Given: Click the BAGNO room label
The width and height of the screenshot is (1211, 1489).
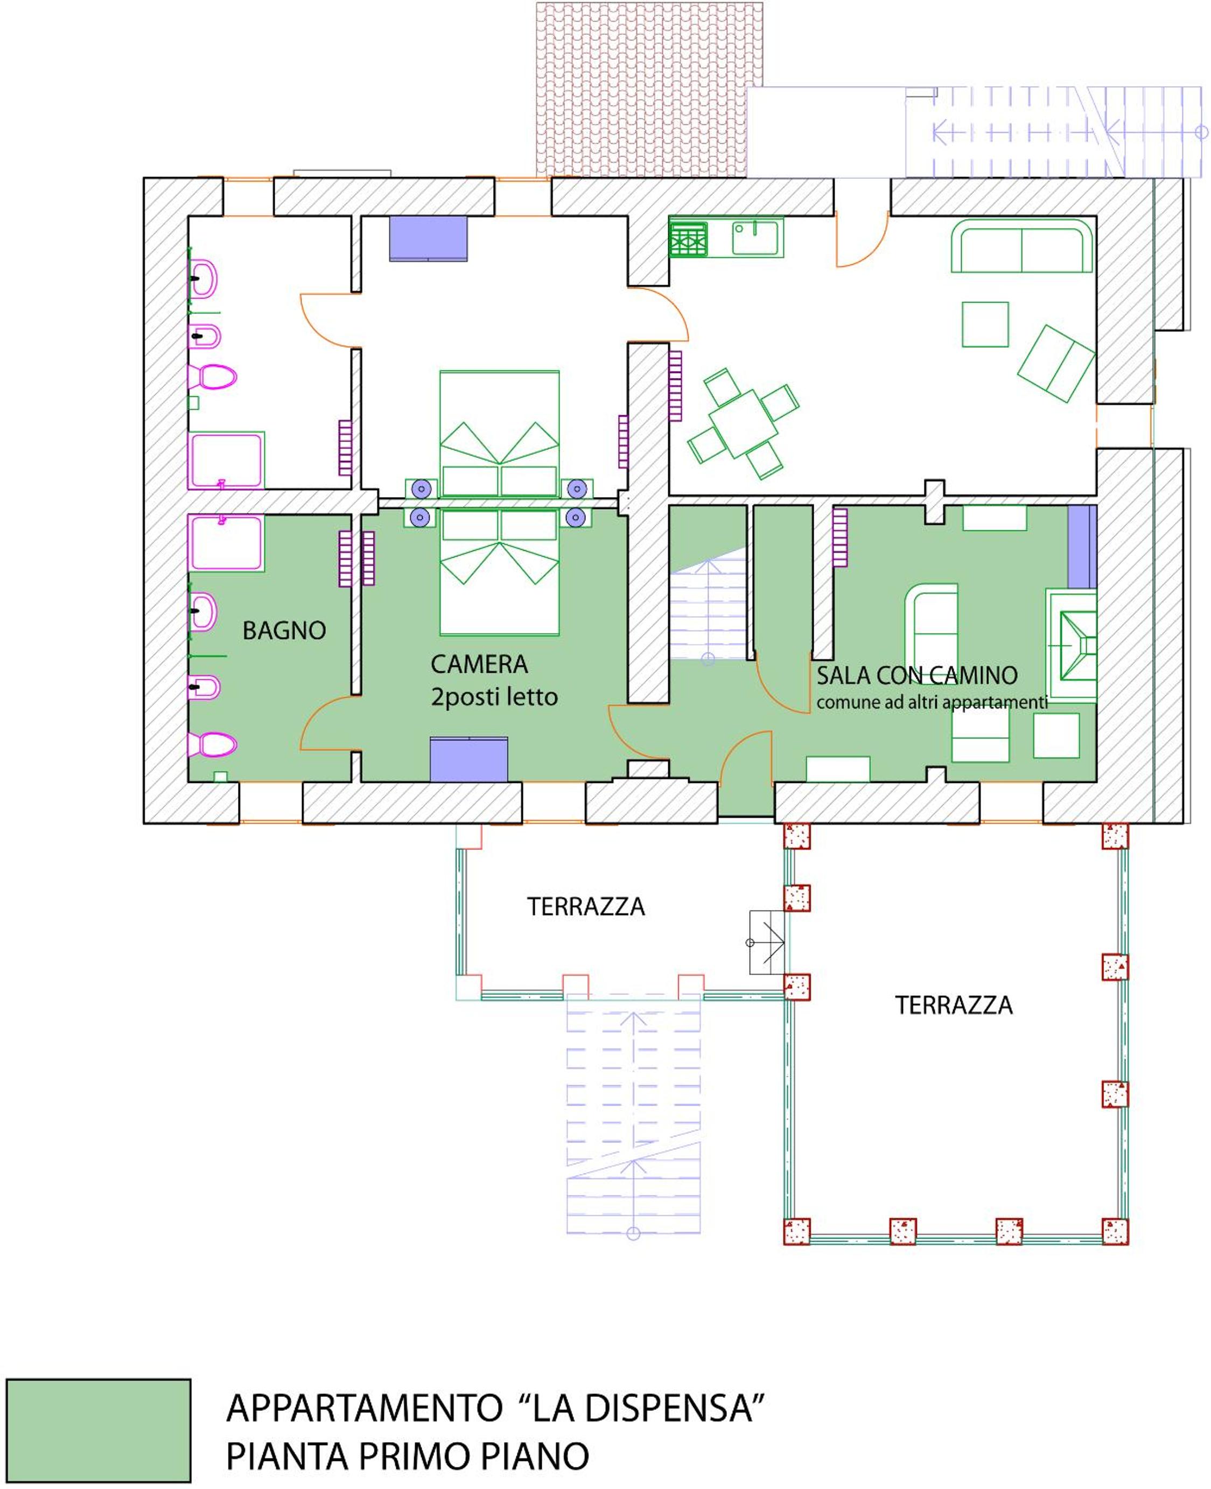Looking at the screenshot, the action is pos(284,630).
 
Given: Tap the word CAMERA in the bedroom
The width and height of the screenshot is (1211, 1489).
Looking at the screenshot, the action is pos(479,663).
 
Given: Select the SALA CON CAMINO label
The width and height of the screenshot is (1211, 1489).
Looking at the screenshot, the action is pos(916,675).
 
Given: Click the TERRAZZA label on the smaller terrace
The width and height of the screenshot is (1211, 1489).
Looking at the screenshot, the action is pos(586,906).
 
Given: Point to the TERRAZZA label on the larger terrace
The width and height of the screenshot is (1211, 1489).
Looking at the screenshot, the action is pos(954,1005).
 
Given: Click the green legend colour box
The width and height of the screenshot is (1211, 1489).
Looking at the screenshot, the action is pos(99,1430).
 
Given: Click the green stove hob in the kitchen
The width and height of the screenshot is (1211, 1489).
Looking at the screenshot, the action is pos(689,239).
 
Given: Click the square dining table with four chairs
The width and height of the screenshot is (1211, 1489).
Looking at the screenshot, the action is pos(744,423).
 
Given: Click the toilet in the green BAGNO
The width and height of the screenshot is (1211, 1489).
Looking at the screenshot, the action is pos(212,744).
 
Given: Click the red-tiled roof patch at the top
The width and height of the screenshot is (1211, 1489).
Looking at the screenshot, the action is pos(649,89).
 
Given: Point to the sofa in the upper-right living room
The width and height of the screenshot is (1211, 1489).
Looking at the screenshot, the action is pos(1021,246).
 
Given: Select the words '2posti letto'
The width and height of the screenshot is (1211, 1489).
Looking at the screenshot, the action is pos(494,697).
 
